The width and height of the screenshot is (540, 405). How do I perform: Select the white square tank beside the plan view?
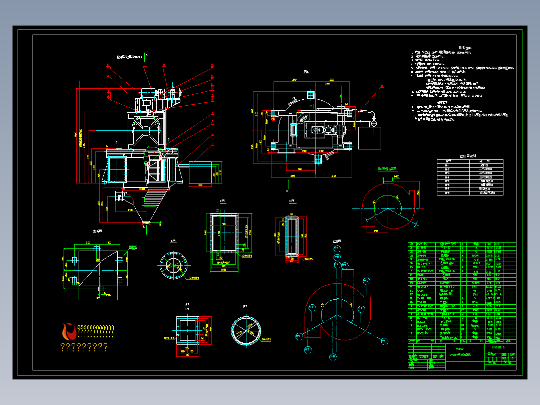point(369,137)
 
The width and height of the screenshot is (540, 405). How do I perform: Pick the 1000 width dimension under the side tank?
point(200,185)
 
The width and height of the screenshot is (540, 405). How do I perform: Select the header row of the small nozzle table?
point(470,162)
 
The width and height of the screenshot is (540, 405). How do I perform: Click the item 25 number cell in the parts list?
point(412,244)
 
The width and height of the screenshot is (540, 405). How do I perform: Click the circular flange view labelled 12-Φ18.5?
point(173,264)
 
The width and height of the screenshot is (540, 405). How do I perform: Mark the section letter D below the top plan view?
point(288,191)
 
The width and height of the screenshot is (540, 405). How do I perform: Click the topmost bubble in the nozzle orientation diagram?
point(337,249)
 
